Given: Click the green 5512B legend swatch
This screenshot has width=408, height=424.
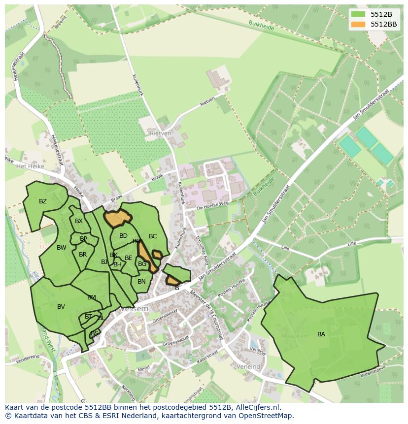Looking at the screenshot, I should [358, 14].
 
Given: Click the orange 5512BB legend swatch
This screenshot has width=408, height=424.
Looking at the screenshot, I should [358, 24].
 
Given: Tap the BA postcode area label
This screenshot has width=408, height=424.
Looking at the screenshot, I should [321, 334].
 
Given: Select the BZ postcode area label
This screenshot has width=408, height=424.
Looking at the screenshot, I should [43, 201].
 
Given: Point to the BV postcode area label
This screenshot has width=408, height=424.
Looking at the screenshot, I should [61, 307].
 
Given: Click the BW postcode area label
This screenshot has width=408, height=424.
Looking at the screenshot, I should [62, 248].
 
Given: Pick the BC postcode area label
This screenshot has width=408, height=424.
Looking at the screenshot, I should [153, 236].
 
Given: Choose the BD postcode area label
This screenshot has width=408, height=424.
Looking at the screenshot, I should [123, 236].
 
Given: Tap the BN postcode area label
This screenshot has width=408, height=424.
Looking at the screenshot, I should [141, 282].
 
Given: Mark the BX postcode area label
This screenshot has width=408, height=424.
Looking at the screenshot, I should [79, 221].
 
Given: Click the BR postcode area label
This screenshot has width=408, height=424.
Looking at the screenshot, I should [83, 255].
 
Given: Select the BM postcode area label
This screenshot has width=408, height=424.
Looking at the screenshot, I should [92, 297].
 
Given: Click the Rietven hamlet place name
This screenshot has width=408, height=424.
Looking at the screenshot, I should [161, 133].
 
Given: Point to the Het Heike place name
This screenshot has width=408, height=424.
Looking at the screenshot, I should [30, 166].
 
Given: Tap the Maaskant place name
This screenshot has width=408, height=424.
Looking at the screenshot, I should [295, 336].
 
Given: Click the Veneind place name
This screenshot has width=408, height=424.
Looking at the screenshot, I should [248, 367].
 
